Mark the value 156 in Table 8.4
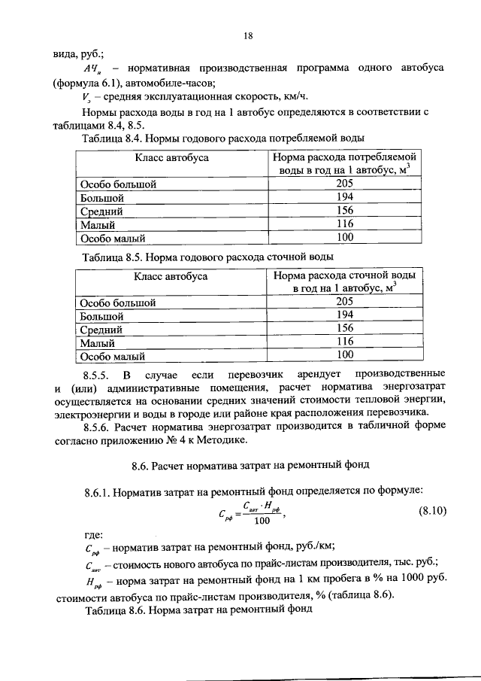pos(344,211)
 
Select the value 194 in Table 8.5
pos(344,316)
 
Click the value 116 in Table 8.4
pos(344,224)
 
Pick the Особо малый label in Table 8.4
pos(112,238)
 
